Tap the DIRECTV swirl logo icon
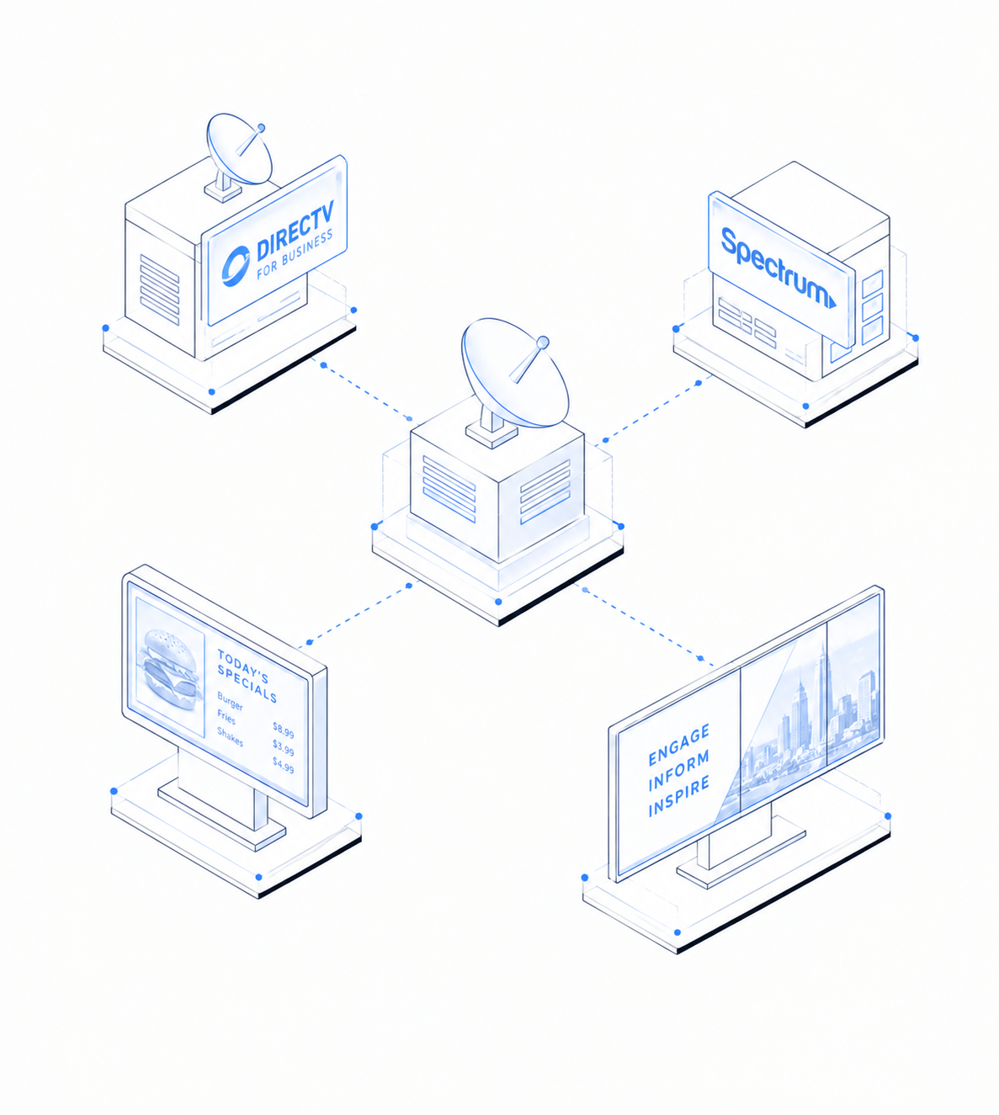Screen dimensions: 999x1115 tap(236, 267)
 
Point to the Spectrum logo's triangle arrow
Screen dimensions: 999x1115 tap(832, 301)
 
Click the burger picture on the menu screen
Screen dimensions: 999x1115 tap(170, 672)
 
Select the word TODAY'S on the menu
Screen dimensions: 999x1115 tap(242, 666)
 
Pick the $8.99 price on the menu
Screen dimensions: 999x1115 tap(284, 730)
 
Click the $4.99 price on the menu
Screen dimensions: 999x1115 tap(284, 765)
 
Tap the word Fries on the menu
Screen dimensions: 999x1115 tap(226, 717)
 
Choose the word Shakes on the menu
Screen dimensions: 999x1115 tap(230, 736)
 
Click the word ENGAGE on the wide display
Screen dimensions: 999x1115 tap(678, 745)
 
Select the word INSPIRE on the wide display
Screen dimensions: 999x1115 tap(678, 798)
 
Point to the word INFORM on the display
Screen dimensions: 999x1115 tap(678, 771)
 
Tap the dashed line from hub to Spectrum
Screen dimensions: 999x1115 tap(651, 411)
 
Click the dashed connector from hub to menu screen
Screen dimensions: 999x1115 tap(358, 612)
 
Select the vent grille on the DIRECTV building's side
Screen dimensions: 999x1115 tap(160, 289)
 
